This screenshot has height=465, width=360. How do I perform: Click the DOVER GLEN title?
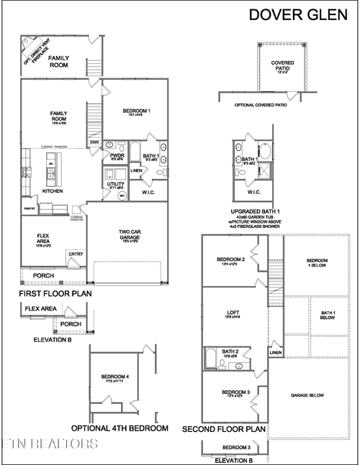pos(299,14)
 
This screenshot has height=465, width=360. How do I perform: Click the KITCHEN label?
pos(53,191)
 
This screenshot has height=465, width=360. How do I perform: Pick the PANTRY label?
pos(30,208)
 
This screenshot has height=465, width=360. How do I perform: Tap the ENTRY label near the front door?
pos(76,254)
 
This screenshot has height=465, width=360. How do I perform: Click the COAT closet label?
pos(94,142)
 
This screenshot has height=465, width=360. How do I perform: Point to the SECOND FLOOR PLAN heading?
pos(223,429)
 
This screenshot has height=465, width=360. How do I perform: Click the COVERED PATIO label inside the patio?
pos(282,65)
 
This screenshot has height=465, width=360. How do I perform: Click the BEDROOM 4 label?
pos(115,377)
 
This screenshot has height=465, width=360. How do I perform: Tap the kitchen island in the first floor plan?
pos(52,170)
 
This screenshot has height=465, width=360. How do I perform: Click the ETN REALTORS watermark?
pos(49,443)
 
